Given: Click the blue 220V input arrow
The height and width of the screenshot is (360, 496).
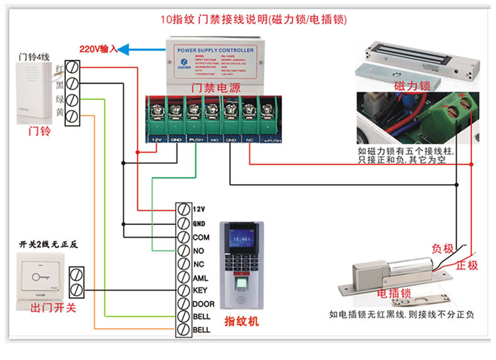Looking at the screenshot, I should click(x=142, y=48).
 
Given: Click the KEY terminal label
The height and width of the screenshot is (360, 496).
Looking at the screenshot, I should click(x=199, y=291).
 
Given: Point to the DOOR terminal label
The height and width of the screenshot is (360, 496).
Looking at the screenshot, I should click(x=202, y=304).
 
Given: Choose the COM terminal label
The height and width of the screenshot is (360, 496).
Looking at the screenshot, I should click(x=200, y=237).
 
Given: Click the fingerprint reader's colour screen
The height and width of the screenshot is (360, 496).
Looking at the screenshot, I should click(x=242, y=239).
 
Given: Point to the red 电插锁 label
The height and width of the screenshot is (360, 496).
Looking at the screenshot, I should click(x=394, y=293).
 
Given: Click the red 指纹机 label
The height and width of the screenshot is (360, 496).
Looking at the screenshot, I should click(x=242, y=322).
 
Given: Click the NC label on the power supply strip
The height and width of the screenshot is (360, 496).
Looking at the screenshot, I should click(x=250, y=138).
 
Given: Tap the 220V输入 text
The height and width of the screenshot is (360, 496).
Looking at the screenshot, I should click(x=99, y=49).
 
